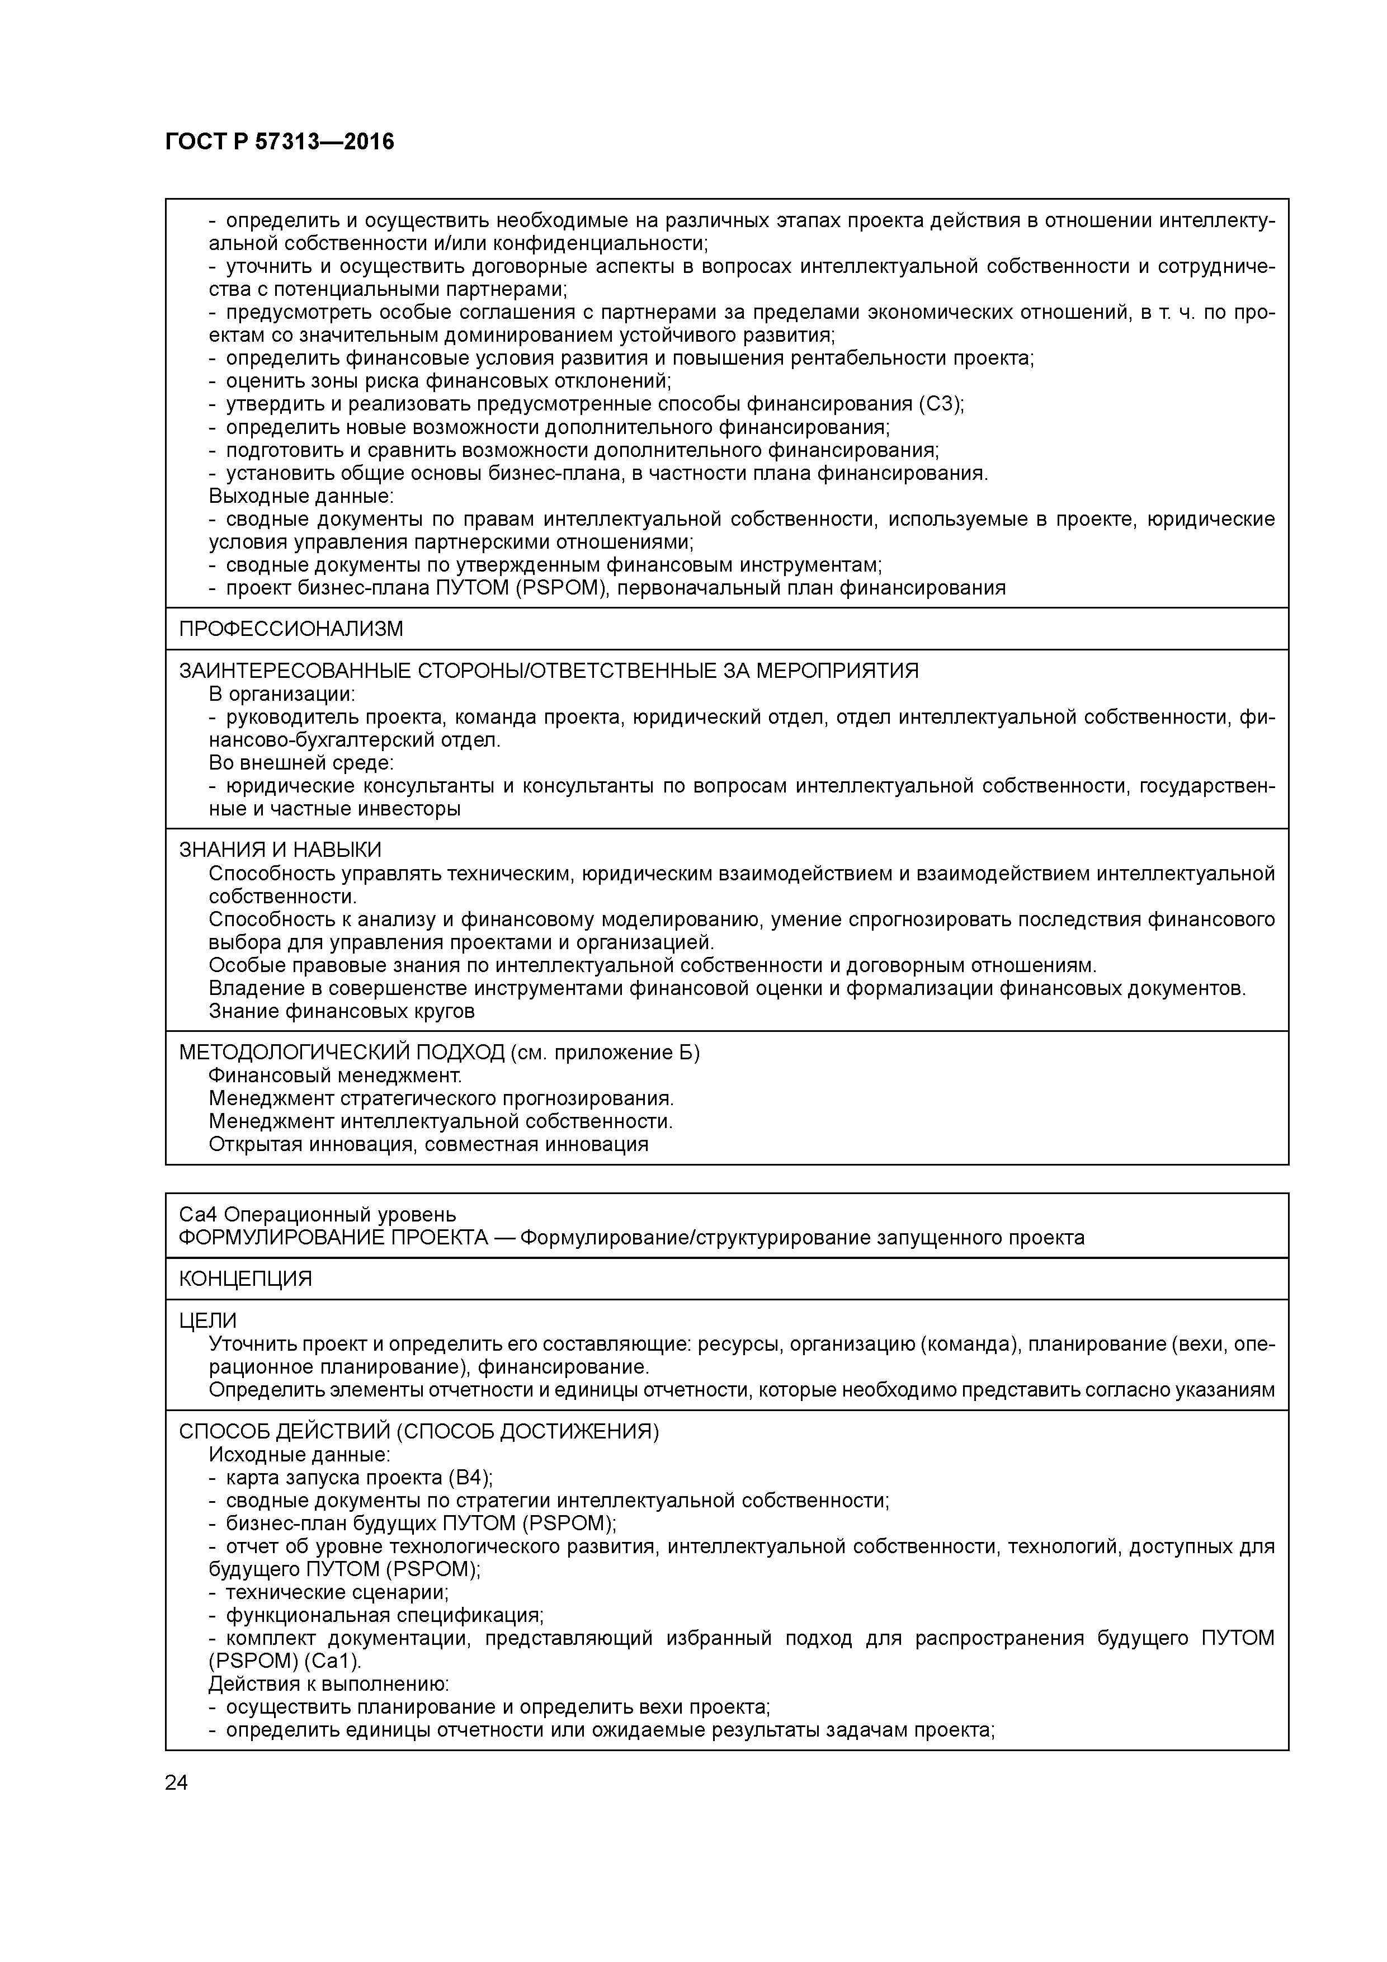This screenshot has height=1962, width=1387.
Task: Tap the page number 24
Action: pos(176,1782)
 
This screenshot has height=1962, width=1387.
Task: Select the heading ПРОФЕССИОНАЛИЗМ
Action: pos(291,629)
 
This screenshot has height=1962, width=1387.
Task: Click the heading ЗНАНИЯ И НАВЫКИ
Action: pos(280,850)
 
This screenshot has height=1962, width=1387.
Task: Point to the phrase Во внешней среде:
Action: pos(301,762)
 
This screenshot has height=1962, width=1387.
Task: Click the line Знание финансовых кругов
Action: pos(341,1012)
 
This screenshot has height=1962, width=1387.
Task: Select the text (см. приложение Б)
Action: pos(604,1053)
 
